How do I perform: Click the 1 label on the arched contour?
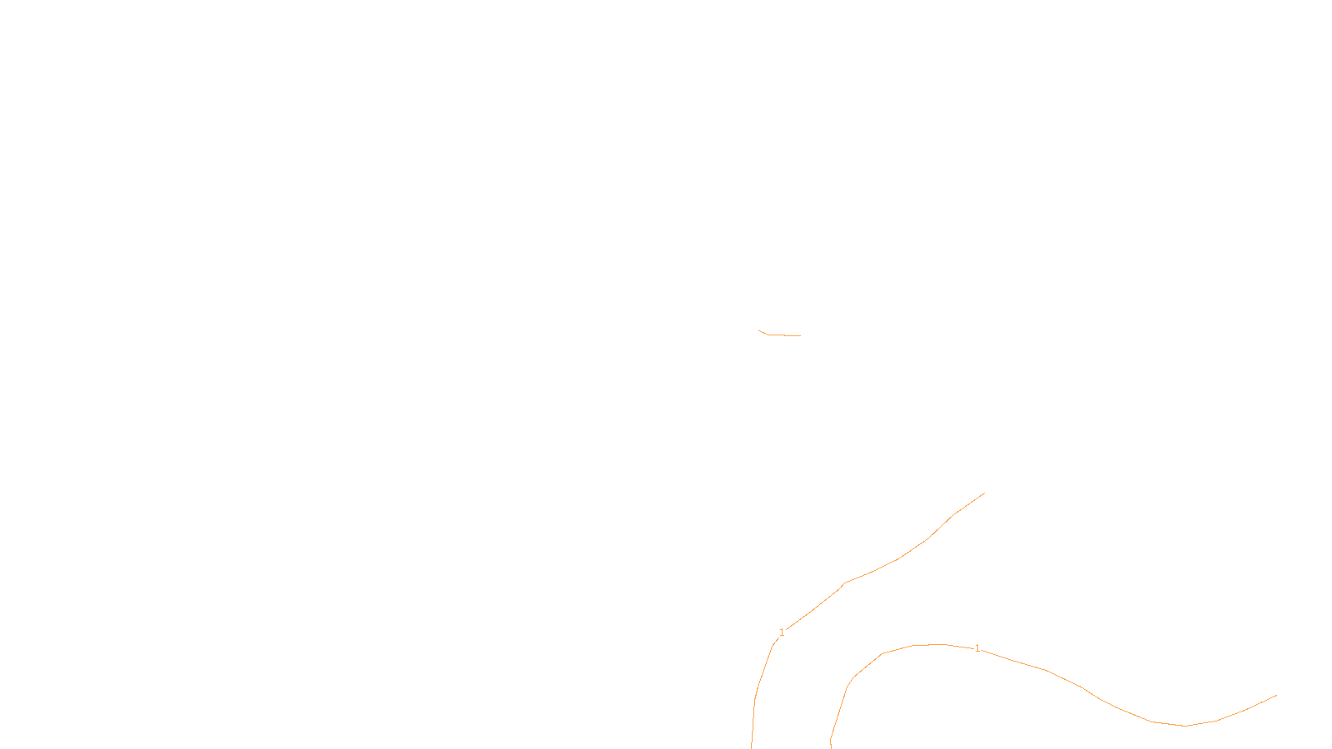(977, 648)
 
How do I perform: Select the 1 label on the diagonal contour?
(782, 632)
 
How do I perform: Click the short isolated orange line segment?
(780, 335)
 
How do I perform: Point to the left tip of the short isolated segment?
(758, 330)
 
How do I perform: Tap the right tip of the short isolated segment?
(801, 336)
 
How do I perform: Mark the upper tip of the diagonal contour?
(985, 493)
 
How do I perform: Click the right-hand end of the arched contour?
(1277, 695)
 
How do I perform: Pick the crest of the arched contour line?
(937, 644)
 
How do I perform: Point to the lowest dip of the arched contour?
(1185, 726)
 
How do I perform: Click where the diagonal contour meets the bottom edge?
(752, 747)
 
